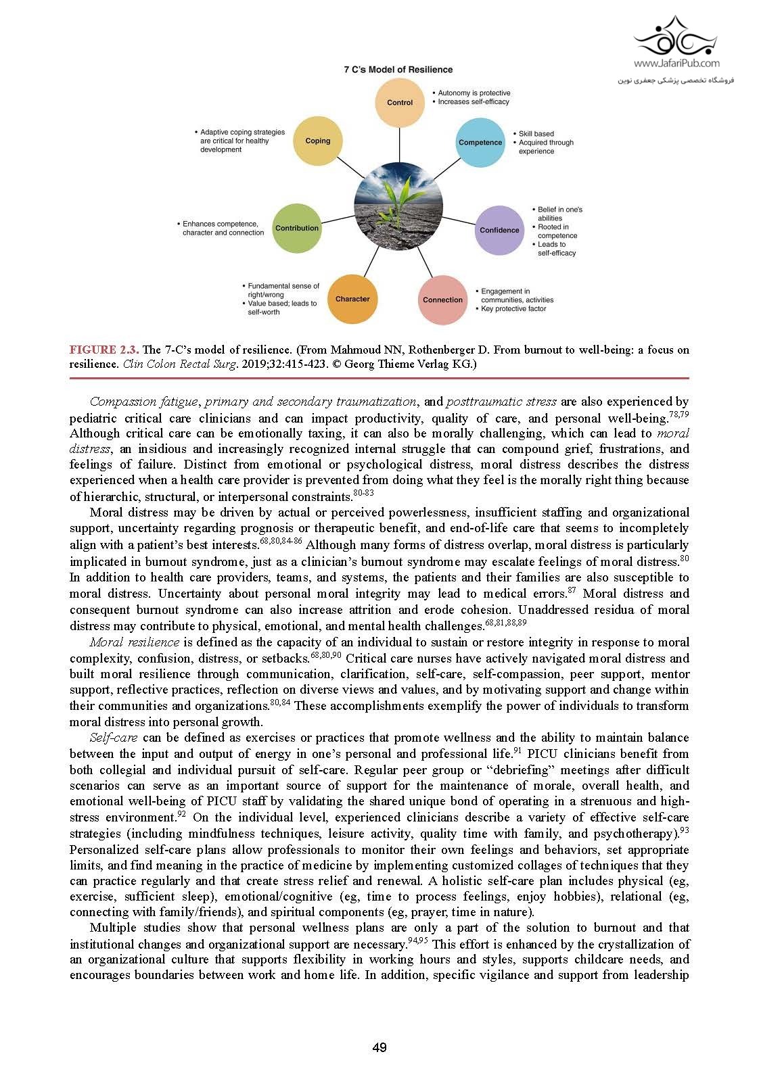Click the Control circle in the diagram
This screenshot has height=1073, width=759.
(x=400, y=103)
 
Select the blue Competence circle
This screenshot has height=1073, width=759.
(x=480, y=143)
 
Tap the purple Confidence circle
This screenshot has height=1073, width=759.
(x=499, y=230)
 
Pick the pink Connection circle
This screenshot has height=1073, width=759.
(x=442, y=300)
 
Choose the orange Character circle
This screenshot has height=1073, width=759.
(x=352, y=299)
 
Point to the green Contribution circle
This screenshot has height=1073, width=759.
(x=296, y=229)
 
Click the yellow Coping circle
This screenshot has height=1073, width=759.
(x=317, y=141)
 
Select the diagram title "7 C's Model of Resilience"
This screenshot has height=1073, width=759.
(x=398, y=70)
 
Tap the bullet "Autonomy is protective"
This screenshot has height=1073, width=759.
(x=474, y=93)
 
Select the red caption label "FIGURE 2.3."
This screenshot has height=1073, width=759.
(x=104, y=350)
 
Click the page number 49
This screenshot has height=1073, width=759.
(x=379, y=1048)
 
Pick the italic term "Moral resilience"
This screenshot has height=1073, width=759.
(x=135, y=642)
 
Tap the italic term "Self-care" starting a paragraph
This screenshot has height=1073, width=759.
(x=113, y=738)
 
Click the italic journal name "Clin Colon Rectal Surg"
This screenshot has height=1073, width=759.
(x=177, y=364)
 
